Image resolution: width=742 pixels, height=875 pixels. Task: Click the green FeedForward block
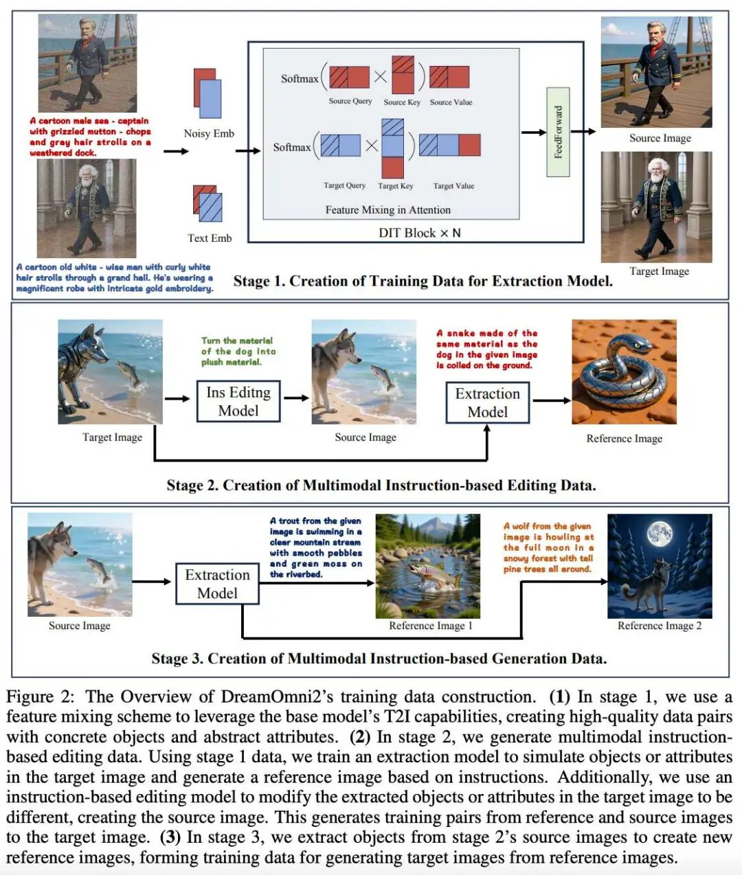pyautogui.click(x=558, y=132)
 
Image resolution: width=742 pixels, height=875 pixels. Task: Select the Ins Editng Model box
pyautogui.click(x=238, y=401)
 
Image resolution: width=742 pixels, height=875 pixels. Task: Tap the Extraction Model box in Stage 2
pyautogui.click(x=487, y=402)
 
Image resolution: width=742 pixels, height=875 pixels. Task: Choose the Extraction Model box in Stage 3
pyautogui.click(x=217, y=584)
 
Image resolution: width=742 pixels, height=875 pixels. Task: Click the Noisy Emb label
pyautogui.click(x=209, y=133)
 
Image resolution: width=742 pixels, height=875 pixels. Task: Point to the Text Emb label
pyautogui.click(x=210, y=238)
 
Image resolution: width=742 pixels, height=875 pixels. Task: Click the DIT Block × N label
pyautogui.click(x=419, y=233)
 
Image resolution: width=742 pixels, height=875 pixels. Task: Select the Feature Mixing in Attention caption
pyautogui.click(x=388, y=210)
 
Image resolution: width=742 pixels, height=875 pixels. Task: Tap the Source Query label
pyautogui.click(x=350, y=101)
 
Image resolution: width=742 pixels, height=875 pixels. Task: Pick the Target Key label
pyautogui.click(x=396, y=185)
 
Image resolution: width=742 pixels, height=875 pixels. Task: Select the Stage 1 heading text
pyautogui.click(x=423, y=281)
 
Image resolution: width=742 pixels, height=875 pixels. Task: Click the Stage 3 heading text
pyautogui.click(x=379, y=659)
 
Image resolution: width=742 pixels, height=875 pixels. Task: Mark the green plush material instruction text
pyautogui.click(x=238, y=351)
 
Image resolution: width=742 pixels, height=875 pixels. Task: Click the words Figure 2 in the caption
pyautogui.click(x=39, y=696)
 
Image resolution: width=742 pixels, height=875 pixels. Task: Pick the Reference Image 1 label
pyautogui.click(x=431, y=626)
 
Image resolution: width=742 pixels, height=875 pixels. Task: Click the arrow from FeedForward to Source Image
pyautogui.click(x=583, y=132)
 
